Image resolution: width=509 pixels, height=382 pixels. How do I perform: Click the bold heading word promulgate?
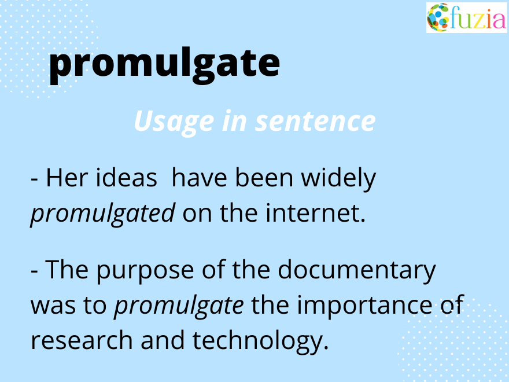(164, 65)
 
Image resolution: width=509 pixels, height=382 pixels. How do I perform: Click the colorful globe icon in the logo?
(438, 17)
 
